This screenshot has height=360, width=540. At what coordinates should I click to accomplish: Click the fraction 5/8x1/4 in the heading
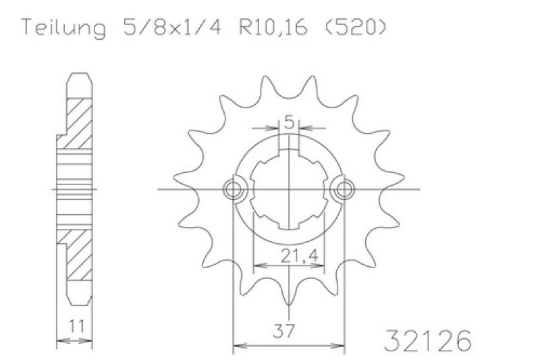[171, 27]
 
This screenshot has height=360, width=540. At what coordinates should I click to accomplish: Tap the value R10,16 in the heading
[273, 27]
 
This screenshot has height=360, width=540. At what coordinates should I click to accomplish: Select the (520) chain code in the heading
[356, 27]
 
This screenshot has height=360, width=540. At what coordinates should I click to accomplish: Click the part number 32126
[427, 340]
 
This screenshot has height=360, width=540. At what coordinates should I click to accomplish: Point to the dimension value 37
[283, 331]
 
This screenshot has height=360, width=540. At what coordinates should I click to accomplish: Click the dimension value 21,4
[299, 255]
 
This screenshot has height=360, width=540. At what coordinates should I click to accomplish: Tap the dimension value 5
[290, 123]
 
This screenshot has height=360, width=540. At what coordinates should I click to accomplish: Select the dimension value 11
[76, 326]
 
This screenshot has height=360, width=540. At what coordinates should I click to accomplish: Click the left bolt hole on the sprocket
[233, 189]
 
